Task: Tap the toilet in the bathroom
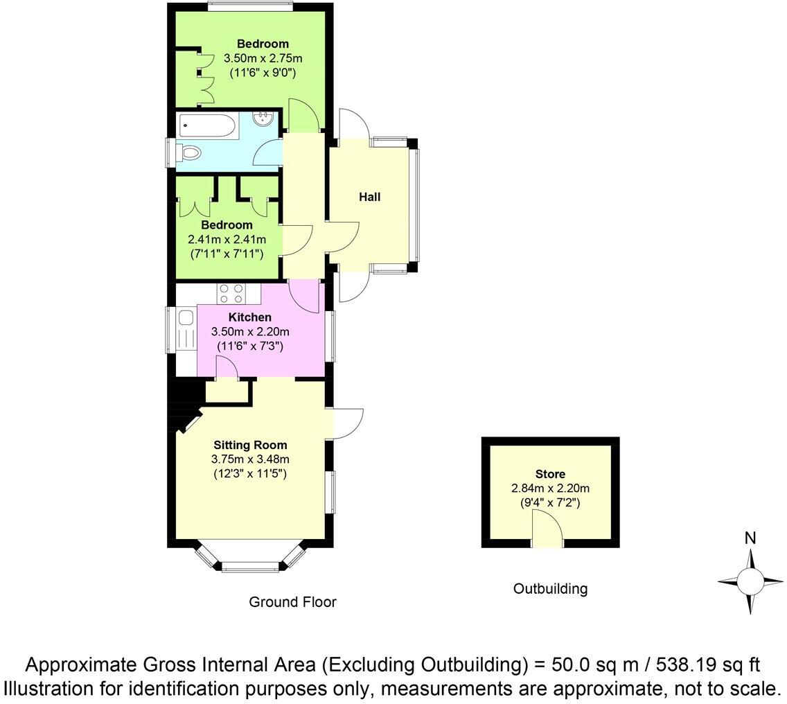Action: coord(188,152)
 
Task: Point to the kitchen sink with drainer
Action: coord(185,330)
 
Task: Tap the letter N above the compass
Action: coord(750,538)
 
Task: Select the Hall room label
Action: coord(369,197)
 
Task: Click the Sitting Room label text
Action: coord(250,446)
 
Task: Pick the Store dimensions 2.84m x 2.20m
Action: coord(550,489)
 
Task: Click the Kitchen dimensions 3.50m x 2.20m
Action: coord(250,331)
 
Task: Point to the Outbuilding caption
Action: coord(550,589)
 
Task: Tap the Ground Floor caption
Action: coord(292,602)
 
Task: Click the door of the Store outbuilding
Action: coord(547,534)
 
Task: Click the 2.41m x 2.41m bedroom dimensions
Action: coord(227,239)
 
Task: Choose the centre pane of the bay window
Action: coord(249,567)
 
